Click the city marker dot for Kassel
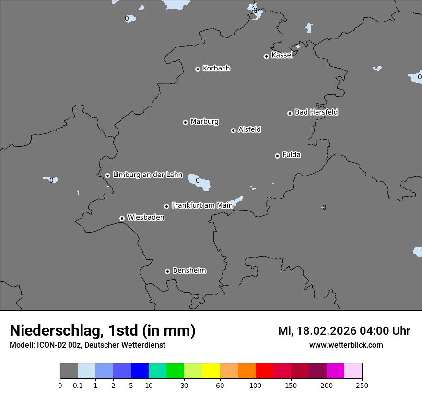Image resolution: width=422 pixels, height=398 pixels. click(266, 56)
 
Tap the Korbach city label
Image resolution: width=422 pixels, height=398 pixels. click(216, 68)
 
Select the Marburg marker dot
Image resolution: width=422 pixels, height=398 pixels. click(185, 122)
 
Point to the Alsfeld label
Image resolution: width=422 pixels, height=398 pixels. click(249, 129)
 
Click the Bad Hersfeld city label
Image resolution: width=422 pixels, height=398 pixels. click(316, 112)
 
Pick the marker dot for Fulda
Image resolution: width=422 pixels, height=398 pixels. click(277, 156)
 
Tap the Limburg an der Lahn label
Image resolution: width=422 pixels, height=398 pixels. click(147, 175)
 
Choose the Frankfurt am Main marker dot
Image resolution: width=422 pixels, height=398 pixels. click(167, 206)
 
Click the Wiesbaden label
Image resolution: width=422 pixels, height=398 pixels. click(145, 217)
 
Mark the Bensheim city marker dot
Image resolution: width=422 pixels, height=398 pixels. click(167, 271)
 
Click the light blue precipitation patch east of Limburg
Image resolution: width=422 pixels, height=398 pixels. click(199, 181)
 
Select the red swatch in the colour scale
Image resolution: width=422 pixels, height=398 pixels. click(264, 371)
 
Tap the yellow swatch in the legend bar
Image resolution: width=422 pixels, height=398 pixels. click(211, 371)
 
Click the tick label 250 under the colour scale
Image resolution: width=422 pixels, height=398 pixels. click(362, 385)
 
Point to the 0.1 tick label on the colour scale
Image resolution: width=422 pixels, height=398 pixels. click(78, 385)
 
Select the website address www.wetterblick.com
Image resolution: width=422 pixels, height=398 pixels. click(346, 345)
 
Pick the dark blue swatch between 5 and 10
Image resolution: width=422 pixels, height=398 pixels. click(140, 371)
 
